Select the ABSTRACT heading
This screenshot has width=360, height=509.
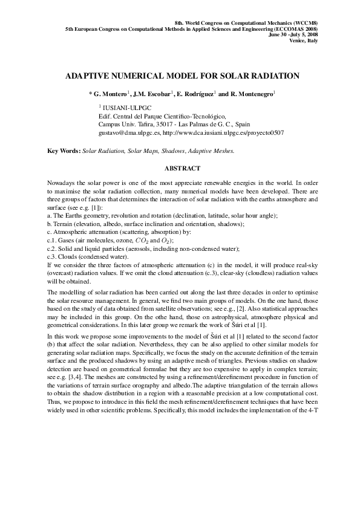click(180, 167)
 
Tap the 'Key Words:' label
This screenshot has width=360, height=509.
click(64, 150)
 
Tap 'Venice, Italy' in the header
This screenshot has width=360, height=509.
click(307, 41)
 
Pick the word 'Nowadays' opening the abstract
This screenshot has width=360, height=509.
click(60, 182)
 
